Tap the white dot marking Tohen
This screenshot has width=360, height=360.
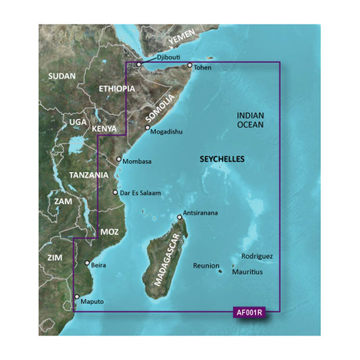[x=190, y=66]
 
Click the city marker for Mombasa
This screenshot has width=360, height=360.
[x=119, y=160]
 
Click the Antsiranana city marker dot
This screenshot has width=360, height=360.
[x=180, y=217]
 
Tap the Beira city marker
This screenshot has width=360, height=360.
[x=86, y=264]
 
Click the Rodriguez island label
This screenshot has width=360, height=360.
[x=257, y=257]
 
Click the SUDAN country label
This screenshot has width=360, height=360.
[x=62, y=77]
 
